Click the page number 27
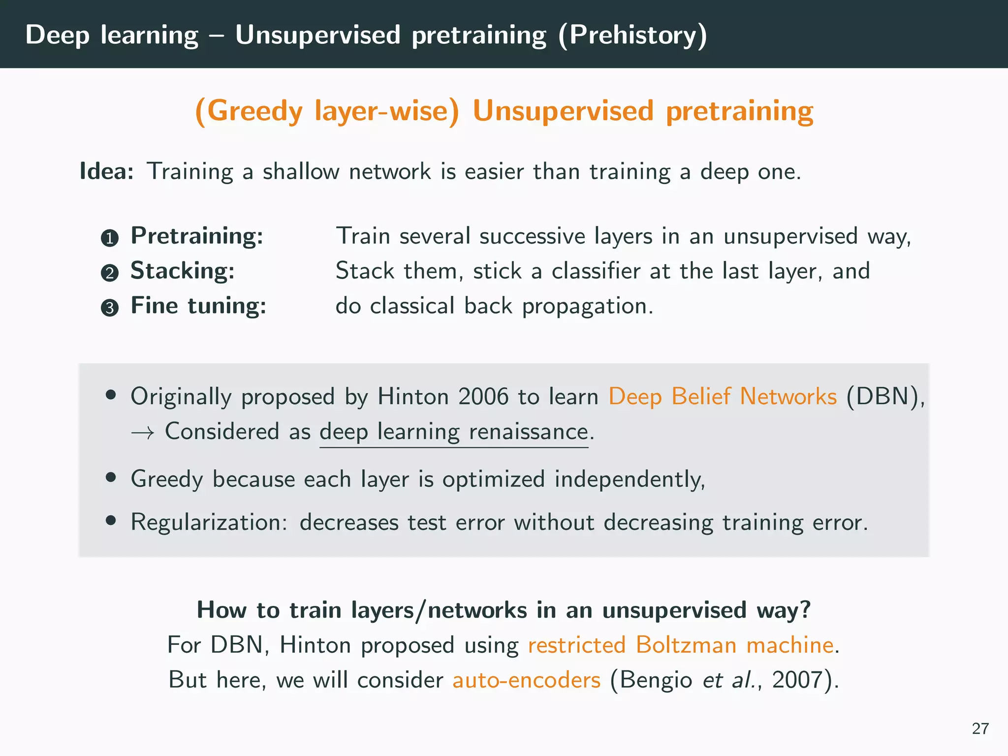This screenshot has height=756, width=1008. pos(980,728)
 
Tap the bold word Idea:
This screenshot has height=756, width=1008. pos(107,171)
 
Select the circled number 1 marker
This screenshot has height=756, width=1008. pos(110,238)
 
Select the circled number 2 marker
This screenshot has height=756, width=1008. pos(110,273)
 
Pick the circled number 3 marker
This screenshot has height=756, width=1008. pos(110,308)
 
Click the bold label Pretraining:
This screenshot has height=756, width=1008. pos(197,236)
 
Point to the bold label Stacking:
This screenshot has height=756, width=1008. pos(182,271)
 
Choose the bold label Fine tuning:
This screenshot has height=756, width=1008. pos(198,306)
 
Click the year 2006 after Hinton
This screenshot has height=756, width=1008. pos(483,397)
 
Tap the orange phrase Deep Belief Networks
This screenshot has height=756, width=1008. pos(722,397)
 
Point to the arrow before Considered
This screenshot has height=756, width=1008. pos(143,433)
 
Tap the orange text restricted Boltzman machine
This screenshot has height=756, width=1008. pos(681,645)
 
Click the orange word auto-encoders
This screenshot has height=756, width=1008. pos(526,680)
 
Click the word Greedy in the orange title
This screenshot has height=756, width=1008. pos(254,111)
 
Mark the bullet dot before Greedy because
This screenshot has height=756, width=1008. pos(111,477)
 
